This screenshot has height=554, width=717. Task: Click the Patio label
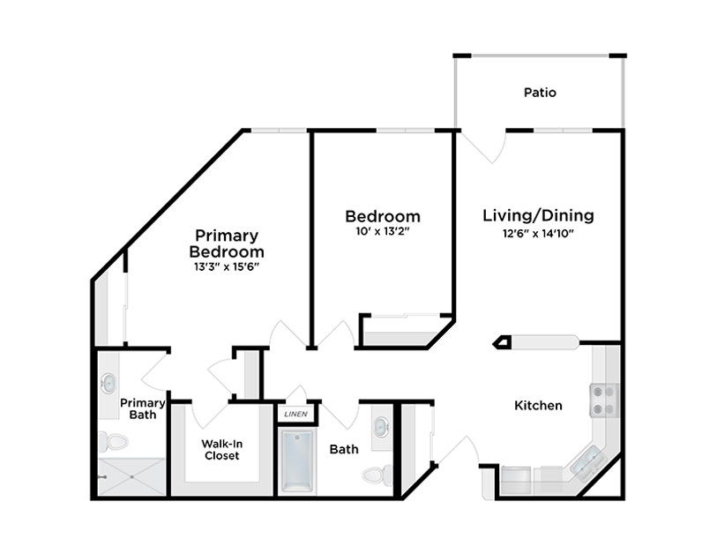click(540, 93)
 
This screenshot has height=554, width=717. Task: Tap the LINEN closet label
click(295, 415)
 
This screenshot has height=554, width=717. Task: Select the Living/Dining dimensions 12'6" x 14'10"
click(538, 233)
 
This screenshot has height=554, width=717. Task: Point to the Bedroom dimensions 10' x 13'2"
click(382, 231)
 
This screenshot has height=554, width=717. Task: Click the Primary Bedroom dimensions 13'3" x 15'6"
click(227, 266)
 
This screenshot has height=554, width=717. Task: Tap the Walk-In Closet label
click(221, 450)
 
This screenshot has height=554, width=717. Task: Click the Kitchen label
click(538, 405)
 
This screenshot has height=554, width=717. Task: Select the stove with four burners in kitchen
click(604, 401)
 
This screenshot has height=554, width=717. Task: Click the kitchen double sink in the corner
click(586, 462)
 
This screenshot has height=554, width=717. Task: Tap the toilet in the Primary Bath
click(114, 442)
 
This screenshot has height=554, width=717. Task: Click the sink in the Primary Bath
click(109, 384)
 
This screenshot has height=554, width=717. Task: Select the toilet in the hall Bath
click(377, 475)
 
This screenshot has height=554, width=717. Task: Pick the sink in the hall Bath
click(380, 427)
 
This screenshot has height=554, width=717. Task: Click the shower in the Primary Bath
click(131, 476)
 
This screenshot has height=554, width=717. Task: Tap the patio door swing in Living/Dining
click(483, 146)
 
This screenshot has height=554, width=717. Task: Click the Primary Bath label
click(143, 409)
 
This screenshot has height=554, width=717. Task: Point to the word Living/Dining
click(538, 215)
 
